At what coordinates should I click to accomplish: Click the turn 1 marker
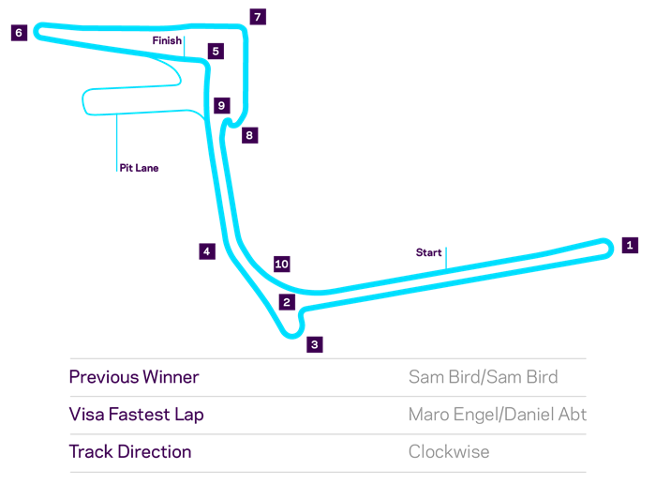pyautogui.click(x=630, y=246)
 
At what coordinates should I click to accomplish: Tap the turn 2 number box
pyautogui.click(x=287, y=302)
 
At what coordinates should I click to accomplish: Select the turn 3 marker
pyautogui.click(x=315, y=344)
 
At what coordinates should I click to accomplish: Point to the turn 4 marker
pyautogui.click(x=207, y=251)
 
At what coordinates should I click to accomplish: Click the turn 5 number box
pyautogui.click(x=216, y=51)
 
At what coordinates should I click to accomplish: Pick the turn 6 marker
pyautogui.click(x=20, y=33)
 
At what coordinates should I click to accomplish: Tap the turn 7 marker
pyautogui.click(x=258, y=17)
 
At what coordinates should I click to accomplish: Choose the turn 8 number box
pyautogui.click(x=250, y=135)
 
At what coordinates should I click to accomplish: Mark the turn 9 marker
pyautogui.click(x=222, y=105)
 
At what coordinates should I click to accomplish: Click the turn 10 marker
pyautogui.click(x=282, y=264)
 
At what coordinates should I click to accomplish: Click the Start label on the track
pyautogui.click(x=429, y=252)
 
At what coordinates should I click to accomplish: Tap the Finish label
pyautogui.click(x=167, y=40)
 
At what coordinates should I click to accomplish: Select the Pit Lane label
pyautogui.click(x=139, y=168)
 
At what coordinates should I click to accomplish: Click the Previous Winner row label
pyautogui.click(x=134, y=377)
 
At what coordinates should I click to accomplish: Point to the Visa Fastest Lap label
pyautogui.click(x=137, y=415)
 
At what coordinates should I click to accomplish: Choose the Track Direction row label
pyautogui.click(x=130, y=452)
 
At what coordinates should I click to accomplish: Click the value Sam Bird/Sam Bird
pyautogui.click(x=484, y=377)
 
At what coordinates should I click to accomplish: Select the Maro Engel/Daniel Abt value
pyautogui.click(x=498, y=415)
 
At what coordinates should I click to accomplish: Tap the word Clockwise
pyautogui.click(x=449, y=452)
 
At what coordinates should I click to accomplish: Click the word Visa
pyautogui.click(x=86, y=414)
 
